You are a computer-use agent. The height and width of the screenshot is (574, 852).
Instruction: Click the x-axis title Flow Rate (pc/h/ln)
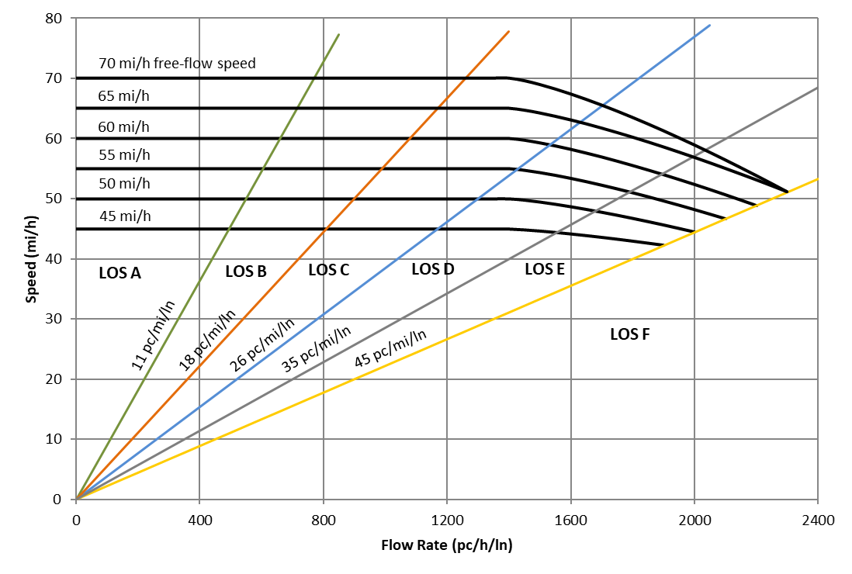[446, 545]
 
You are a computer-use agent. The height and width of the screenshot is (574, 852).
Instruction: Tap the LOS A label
[119, 273]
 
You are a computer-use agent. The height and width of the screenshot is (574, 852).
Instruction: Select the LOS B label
[246, 271]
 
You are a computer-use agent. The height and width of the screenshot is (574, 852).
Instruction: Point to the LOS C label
[328, 270]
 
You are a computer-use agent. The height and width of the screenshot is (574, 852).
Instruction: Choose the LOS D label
[432, 269]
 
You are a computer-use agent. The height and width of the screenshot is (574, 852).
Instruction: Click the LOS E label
[545, 269]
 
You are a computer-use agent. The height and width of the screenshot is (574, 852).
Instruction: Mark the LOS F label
[630, 334]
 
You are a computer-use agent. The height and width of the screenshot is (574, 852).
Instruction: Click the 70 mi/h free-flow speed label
[177, 64]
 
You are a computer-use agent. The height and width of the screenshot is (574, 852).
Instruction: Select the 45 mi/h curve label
[124, 216]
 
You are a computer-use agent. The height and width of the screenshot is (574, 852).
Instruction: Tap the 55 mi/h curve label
[124, 155]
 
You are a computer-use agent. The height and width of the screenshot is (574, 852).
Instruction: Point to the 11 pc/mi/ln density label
[153, 332]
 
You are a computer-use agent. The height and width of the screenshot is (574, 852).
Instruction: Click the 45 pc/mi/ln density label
[390, 349]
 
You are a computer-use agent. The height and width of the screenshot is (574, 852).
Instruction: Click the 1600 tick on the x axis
[570, 520]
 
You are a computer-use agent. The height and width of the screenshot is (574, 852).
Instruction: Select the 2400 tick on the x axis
[817, 520]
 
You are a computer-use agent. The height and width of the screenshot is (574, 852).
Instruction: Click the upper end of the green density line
[339, 34]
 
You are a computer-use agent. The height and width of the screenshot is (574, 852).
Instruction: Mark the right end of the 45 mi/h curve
[663, 245]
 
